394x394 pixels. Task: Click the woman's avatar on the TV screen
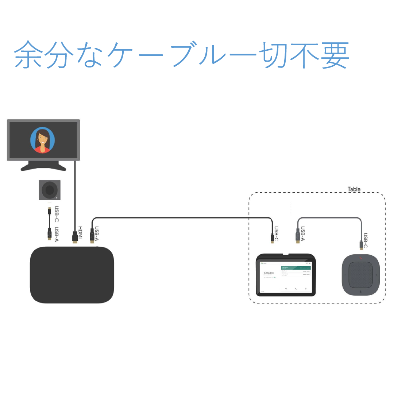tap(43, 140)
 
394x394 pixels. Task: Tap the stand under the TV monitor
tap(43, 167)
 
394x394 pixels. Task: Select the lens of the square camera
tap(50, 190)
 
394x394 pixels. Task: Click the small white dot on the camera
tap(57, 198)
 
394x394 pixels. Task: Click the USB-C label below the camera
tap(57, 214)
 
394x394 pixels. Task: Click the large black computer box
tap(72, 275)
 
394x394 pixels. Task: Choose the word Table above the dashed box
tap(354, 189)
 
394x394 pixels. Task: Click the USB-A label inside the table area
tap(303, 234)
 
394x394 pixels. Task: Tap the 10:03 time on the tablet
tap(269, 273)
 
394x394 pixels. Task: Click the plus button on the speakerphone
tap(376, 275)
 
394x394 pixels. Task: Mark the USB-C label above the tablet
tap(276, 234)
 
